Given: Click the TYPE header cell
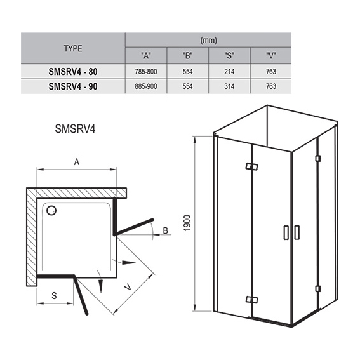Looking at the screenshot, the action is point(73,48).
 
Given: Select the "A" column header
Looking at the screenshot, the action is point(146,56).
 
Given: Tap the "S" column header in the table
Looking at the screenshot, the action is point(229,56).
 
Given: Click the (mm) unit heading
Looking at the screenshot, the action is point(208,41).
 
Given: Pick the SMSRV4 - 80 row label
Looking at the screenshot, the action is point(73,72).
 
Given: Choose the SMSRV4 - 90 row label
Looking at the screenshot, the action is point(73,86).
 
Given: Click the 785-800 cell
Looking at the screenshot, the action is point(146,72).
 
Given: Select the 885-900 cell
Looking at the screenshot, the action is point(146,86).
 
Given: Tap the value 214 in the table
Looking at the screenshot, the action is point(229,72).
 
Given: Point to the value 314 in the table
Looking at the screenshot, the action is point(229,86).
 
